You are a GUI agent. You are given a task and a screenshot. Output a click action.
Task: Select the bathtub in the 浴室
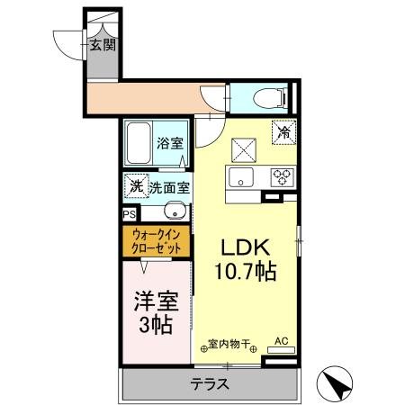tap(140, 144)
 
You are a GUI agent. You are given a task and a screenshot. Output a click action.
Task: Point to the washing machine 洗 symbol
tap(136, 187)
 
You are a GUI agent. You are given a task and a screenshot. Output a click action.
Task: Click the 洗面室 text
tap(168, 188)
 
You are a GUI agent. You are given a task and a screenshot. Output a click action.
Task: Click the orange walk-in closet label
tap(157, 241)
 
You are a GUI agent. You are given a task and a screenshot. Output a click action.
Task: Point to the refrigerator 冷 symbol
tap(283, 130)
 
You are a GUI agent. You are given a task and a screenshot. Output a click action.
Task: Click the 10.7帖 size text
tap(244, 270)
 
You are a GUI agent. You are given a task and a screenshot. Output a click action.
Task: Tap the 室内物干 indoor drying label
tap(229, 343)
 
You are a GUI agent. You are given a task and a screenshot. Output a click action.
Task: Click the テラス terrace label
tap(209, 384)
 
